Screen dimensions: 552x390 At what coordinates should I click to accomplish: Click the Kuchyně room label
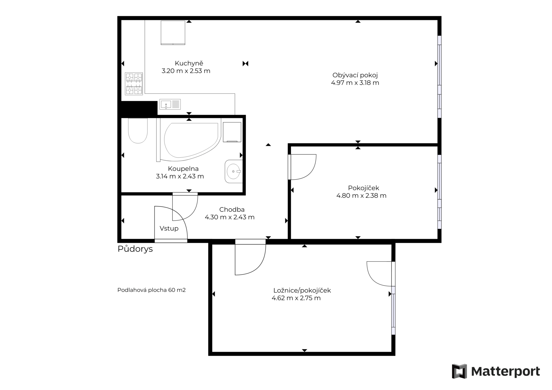tap(189, 63)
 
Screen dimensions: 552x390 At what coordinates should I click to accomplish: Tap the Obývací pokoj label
tap(355, 75)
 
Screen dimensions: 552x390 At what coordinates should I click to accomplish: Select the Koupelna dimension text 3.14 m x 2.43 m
tap(180, 176)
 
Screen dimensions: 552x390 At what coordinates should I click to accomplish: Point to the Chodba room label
tap(232, 210)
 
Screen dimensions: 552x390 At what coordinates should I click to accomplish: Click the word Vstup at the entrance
tap(169, 228)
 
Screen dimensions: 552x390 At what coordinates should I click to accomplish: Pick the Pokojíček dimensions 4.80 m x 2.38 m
tap(361, 196)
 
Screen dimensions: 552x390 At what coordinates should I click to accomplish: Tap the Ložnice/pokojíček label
tap(302, 290)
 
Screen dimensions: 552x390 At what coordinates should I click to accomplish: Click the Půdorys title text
tap(135, 249)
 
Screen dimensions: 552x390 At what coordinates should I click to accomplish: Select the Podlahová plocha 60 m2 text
tap(152, 290)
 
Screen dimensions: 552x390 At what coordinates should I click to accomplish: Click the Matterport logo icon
tap(459, 371)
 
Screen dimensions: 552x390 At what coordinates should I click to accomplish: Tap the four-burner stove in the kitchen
tap(134, 84)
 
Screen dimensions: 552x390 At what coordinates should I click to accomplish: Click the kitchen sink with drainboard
tap(170, 105)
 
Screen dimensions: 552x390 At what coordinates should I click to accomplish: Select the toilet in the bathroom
tap(138, 131)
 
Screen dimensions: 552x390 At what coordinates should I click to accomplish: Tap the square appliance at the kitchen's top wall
tap(173, 33)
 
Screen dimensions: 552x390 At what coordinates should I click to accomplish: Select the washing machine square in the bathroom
tap(232, 132)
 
